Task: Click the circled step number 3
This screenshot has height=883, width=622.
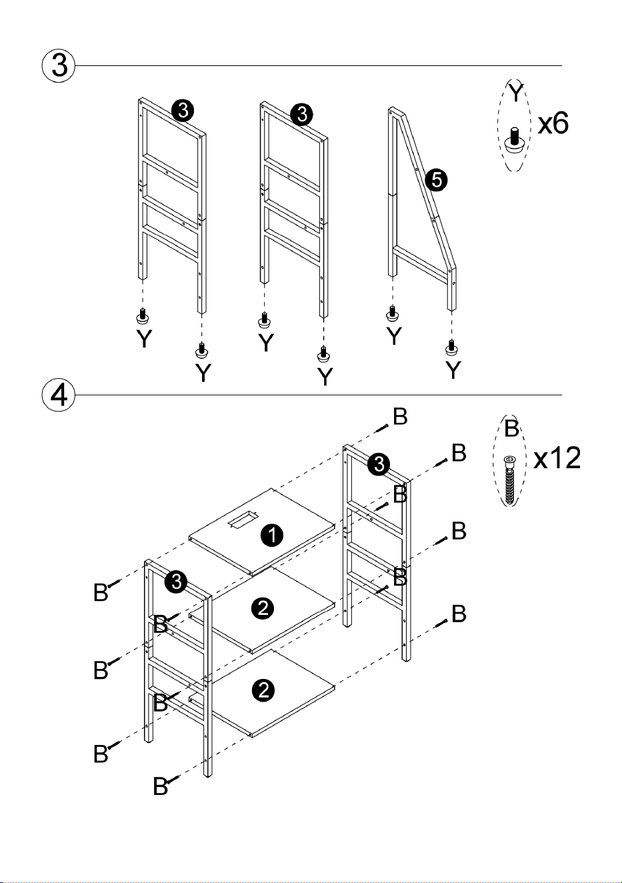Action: click(59, 65)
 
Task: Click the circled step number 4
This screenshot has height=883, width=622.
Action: click(59, 395)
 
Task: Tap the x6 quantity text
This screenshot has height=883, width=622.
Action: click(553, 123)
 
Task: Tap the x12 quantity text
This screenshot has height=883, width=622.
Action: click(557, 458)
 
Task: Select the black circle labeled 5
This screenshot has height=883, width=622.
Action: click(437, 180)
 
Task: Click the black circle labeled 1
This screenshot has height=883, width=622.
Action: click(272, 536)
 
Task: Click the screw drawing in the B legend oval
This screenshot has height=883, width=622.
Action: click(509, 480)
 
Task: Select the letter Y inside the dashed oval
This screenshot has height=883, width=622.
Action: click(515, 91)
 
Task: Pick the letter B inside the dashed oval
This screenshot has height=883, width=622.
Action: click(511, 428)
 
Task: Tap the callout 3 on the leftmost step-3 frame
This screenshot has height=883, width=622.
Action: click(183, 111)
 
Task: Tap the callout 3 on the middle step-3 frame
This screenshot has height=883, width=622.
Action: click(301, 114)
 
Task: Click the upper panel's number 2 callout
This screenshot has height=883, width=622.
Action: click(263, 609)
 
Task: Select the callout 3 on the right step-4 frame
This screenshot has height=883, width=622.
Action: click(379, 464)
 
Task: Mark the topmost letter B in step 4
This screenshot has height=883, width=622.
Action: click(400, 417)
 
